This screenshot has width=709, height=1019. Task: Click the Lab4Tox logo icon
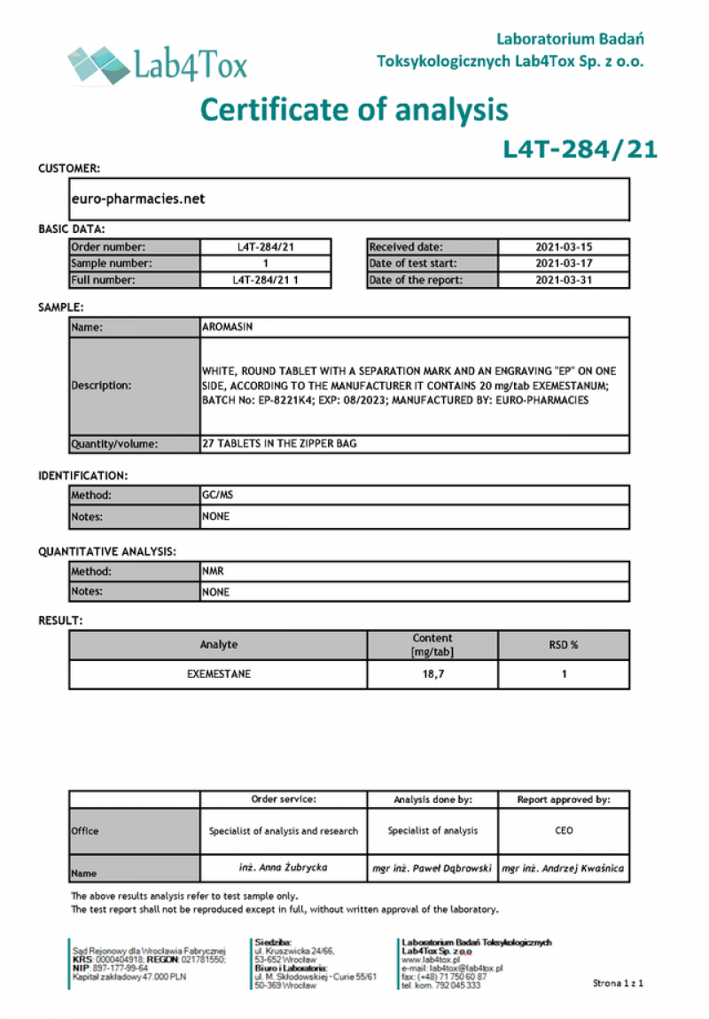click(x=97, y=64)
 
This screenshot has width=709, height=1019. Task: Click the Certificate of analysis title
click(x=354, y=110)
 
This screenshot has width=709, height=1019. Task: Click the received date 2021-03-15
click(x=564, y=247)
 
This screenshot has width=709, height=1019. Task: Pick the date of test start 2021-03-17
click(x=564, y=263)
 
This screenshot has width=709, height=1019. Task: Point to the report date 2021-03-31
click(x=564, y=280)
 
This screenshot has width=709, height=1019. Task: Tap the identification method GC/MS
click(x=216, y=496)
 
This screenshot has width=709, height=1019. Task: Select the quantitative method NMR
click(x=213, y=572)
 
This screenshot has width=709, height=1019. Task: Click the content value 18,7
click(x=432, y=674)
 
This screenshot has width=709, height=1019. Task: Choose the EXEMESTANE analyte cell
click(x=218, y=674)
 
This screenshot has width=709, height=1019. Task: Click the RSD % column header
click(x=564, y=645)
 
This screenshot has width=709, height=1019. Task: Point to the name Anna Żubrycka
click(x=283, y=867)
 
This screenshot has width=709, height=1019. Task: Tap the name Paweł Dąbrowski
click(x=432, y=868)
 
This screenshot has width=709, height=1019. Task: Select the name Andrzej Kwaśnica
click(x=563, y=868)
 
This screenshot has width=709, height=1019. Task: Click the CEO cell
click(x=564, y=831)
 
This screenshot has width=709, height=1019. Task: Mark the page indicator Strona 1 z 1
click(x=617, y=984)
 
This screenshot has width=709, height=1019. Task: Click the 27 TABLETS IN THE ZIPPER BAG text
click(x=279, y=443)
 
